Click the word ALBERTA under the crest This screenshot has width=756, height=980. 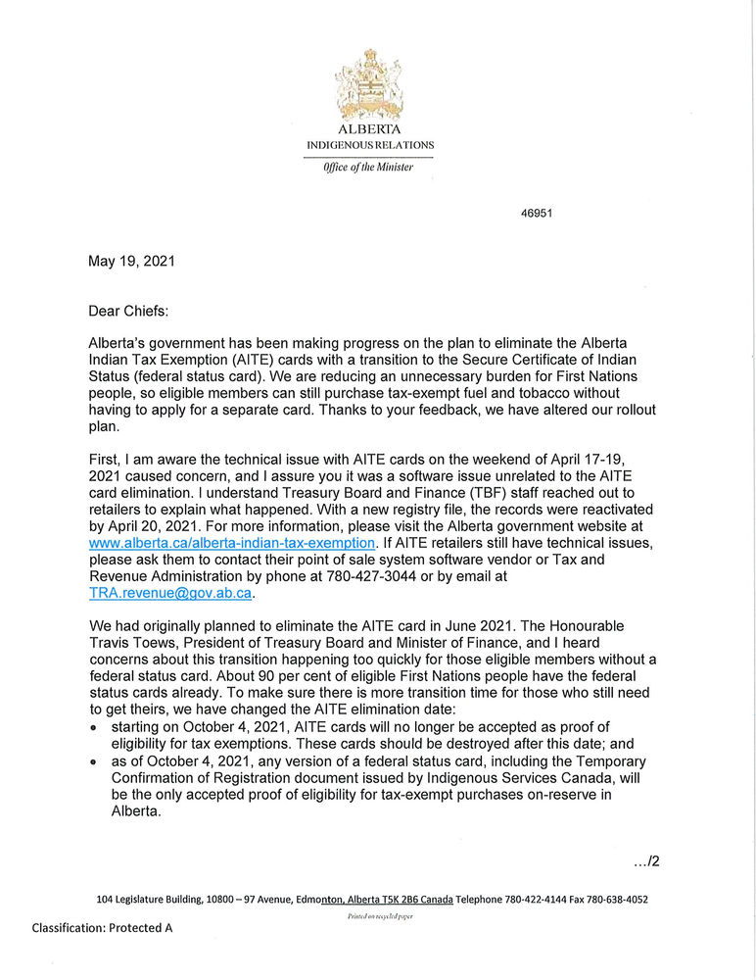coord(369,128)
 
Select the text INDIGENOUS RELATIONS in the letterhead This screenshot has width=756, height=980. coord(369,145)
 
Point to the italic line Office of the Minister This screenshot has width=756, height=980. coord(368,167)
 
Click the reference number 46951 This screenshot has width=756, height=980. coord(536,213)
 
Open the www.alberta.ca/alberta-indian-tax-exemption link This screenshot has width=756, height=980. coord(232,542)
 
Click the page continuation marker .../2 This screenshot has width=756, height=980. coord(646,861)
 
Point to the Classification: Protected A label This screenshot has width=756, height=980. coord(102,927)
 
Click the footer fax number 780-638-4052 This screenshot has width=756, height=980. coord(610,899)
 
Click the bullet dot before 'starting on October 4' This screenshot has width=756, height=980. coord(94,729)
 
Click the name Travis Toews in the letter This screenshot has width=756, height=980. coord(130,643)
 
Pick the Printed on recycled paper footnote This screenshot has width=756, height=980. coord(380,916)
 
